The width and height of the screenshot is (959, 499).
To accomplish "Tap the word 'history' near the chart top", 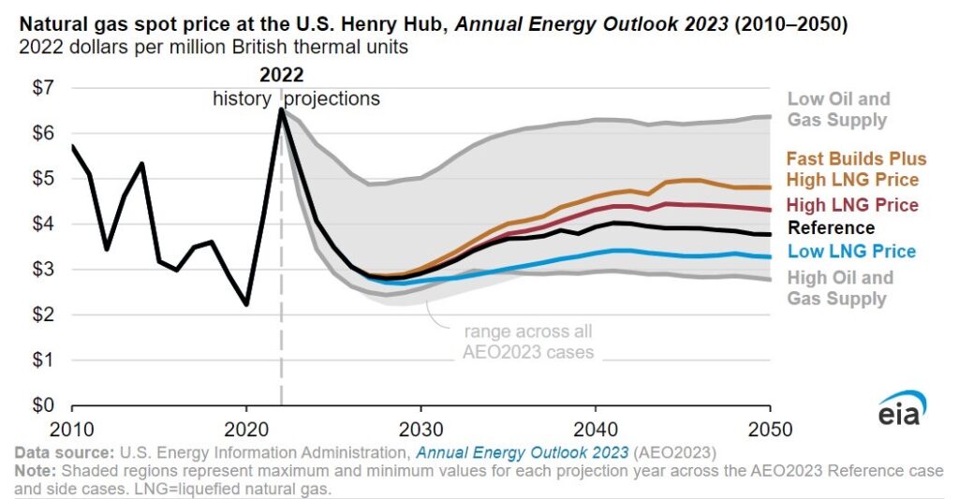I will click(242, 98).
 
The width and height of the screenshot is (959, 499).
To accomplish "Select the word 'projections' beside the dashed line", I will click(332, 98).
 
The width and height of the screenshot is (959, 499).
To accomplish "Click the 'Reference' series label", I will click(832, 227).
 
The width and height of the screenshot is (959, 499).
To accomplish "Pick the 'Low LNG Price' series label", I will click(851, 251).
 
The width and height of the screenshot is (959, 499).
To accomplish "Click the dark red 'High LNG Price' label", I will click(852, 205).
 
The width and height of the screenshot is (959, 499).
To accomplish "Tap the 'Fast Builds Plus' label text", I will click(856, 158).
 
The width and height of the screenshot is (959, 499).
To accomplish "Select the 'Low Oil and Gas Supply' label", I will click(838, 110).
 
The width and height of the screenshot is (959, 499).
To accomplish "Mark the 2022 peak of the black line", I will click(281, 110).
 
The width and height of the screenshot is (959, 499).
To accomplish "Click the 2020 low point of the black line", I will click(245, 304).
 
